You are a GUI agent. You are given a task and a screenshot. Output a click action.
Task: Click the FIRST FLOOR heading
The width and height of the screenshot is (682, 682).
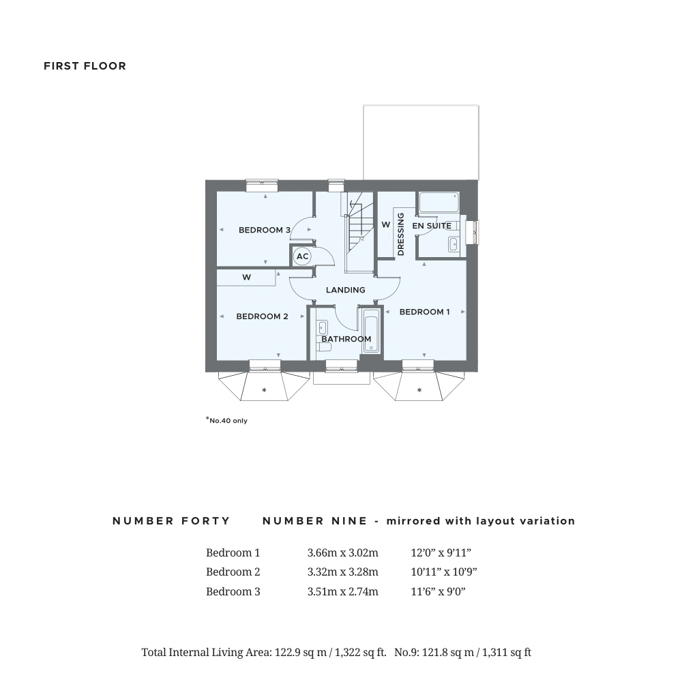point(85,66)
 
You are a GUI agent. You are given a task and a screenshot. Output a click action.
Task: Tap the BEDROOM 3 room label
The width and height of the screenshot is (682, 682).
point(265,230)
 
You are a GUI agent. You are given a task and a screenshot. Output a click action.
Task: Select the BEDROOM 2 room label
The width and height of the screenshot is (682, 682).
point(262,316)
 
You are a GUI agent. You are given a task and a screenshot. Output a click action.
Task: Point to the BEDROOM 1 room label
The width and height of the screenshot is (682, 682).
point(424,312)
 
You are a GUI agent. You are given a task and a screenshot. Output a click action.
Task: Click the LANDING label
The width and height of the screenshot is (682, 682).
point(345,290)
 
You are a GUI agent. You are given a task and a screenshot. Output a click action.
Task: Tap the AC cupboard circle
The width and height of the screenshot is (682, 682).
point(302,256)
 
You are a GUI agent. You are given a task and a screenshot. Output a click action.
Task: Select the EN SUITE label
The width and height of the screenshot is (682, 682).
point(431,225)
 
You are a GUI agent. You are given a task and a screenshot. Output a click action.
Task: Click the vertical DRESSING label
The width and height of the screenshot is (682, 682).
point(400,235)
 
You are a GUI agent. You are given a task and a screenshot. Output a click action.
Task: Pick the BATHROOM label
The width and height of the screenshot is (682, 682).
point(346,339)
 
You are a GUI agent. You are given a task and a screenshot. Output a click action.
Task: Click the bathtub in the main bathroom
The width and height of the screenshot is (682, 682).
point(370,331)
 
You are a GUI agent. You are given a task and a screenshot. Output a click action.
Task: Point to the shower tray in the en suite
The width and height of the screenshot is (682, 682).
point(438,203)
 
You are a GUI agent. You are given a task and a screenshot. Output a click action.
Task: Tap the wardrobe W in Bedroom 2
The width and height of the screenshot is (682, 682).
point(247,278)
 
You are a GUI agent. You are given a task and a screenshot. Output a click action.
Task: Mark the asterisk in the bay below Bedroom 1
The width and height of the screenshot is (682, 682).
point(419,391)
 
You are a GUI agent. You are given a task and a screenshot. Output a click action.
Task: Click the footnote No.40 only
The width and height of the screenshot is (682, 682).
point(227,421)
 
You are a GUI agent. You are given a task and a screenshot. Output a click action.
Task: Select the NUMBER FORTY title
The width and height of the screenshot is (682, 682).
point(171,521)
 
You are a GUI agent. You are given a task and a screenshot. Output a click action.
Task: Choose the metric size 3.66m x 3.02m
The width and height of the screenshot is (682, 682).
point(342,553)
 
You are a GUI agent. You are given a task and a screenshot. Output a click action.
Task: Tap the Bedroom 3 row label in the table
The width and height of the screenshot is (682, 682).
point(233,592)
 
